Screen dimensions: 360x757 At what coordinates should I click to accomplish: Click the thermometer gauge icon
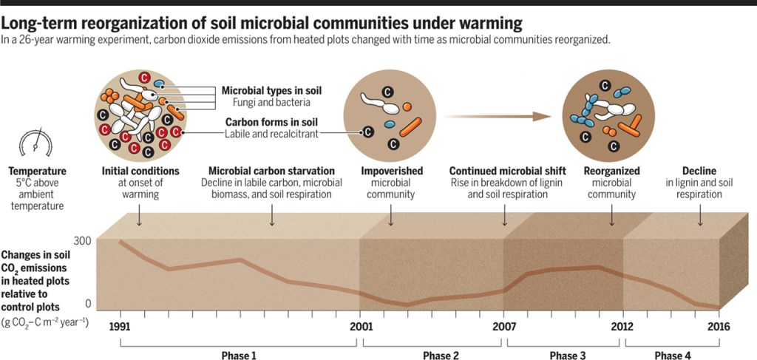point(35,141)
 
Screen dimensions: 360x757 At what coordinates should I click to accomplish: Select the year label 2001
point(360,326)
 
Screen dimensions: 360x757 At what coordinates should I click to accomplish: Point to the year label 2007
point(505,326)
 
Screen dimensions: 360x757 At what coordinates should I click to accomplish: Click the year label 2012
point(623,326)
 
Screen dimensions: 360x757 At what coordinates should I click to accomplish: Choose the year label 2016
point(719,326)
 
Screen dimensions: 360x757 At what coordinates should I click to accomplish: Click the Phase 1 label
point(239,356)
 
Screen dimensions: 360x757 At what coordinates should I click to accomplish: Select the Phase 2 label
point(441,356)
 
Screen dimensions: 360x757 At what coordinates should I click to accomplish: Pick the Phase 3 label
point(568,356)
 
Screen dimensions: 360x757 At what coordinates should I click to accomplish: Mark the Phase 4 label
point(673,356)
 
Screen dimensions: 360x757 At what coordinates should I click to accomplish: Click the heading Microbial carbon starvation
point(271,171)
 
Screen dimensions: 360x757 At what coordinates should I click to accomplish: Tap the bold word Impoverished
point(392,171)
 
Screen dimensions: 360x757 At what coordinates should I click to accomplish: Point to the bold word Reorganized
point(611,171)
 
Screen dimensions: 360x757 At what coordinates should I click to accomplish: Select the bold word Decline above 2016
point(700,171)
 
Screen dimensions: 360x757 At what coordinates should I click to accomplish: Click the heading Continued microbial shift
point(505,171)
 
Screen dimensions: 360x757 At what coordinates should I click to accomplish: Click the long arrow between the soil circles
point(500,116)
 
